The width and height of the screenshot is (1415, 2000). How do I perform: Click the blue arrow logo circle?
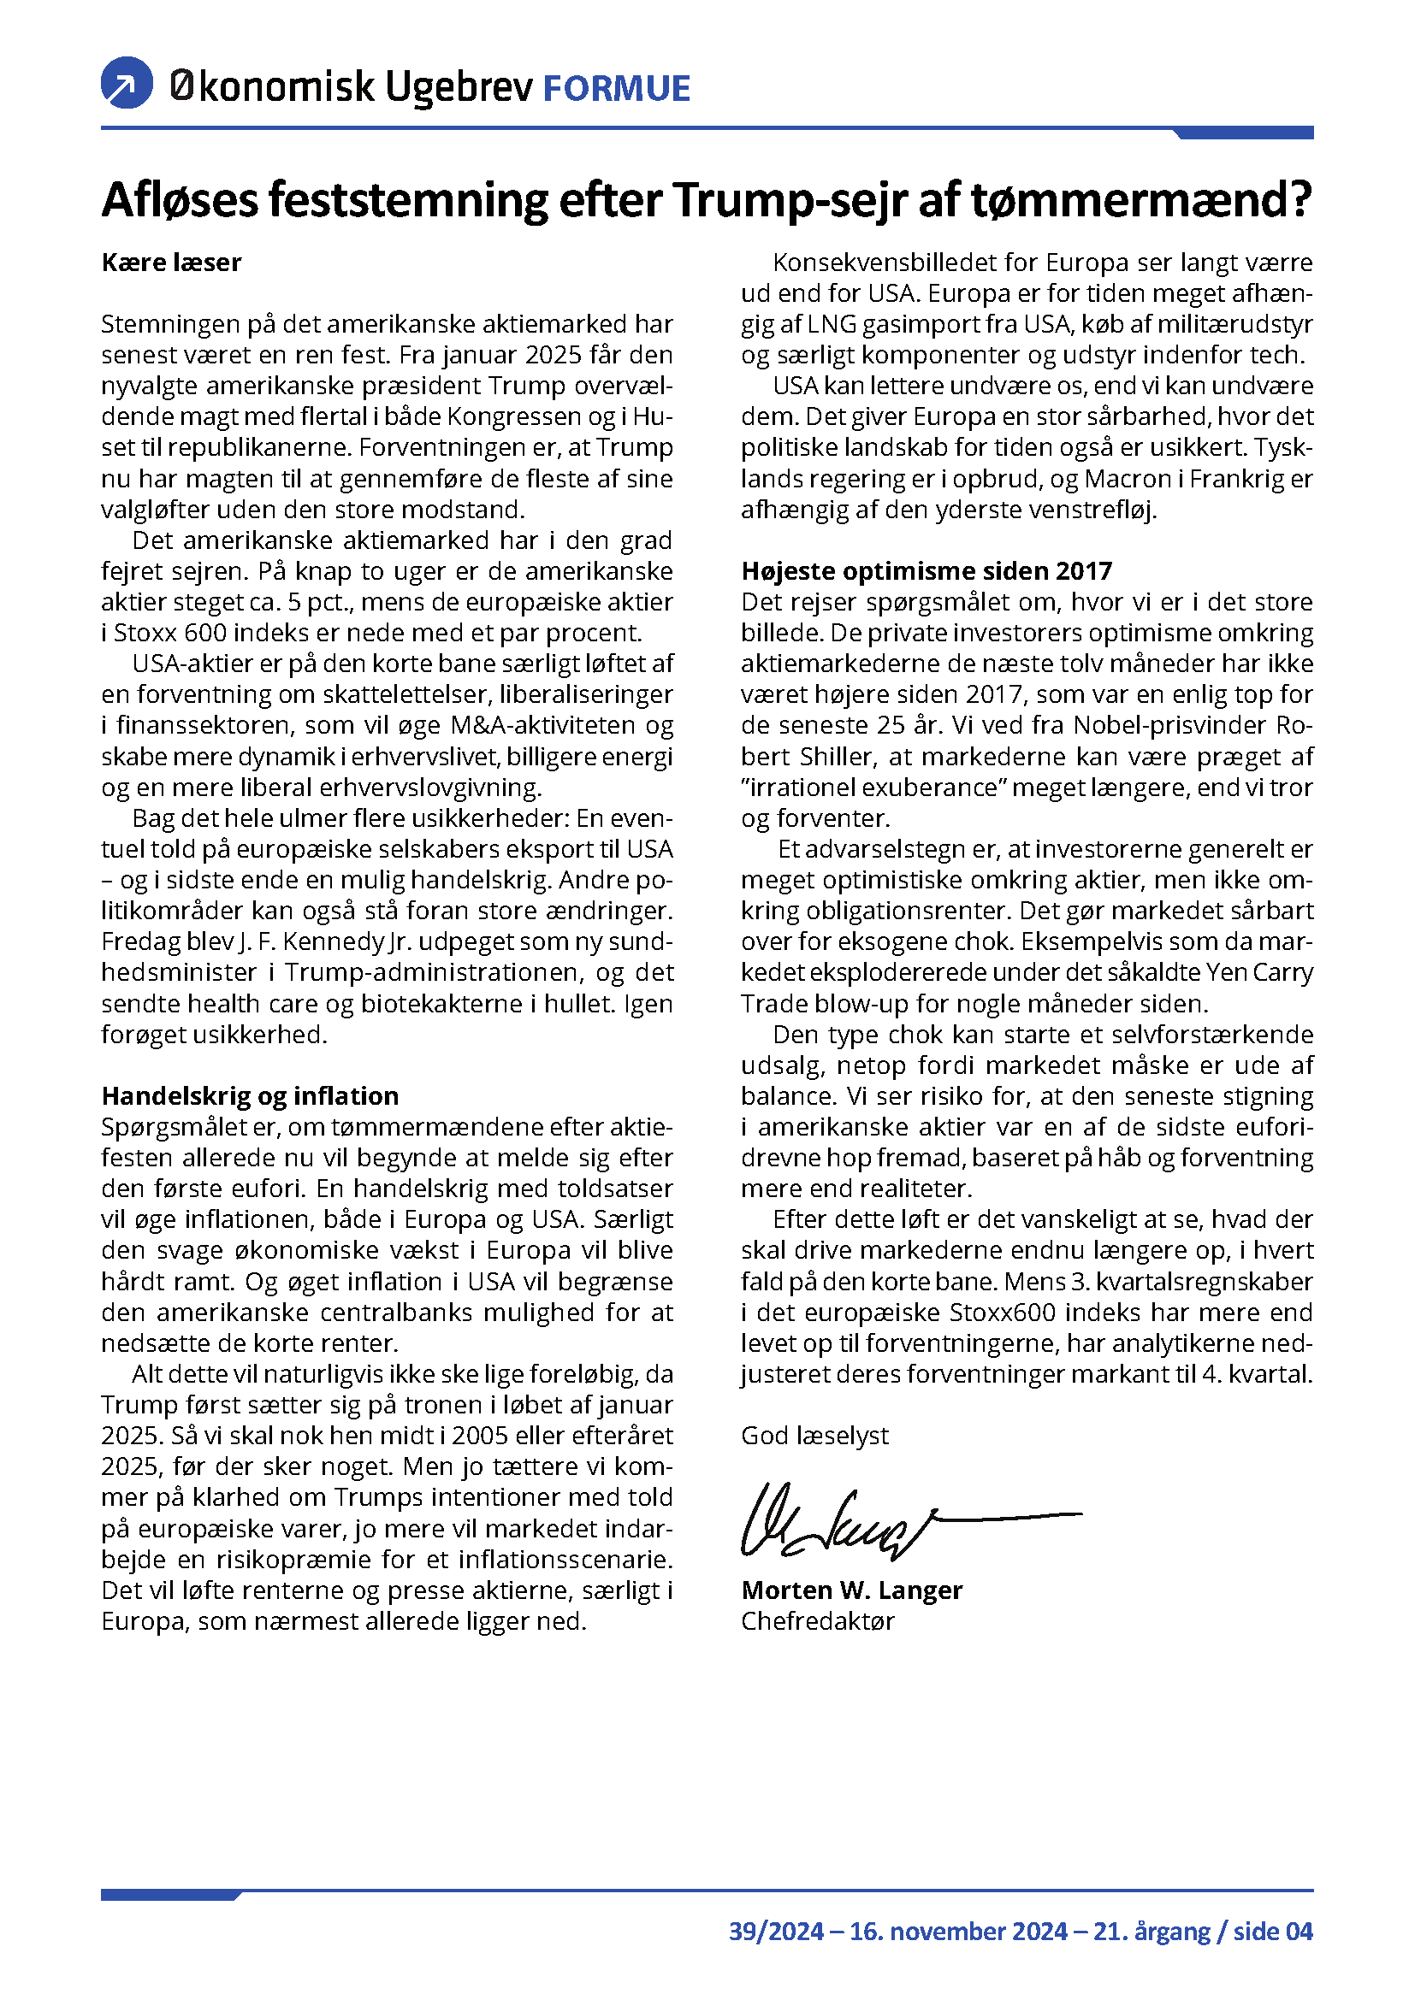click(x=127, y=84)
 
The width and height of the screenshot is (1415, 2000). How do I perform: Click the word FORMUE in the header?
click(x=616, y=89)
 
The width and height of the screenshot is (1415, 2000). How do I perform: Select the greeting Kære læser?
click(x=172, y=263)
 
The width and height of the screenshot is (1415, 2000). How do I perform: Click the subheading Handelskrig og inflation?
click(x=250, y=1096)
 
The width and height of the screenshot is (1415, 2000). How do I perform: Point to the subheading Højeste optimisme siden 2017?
click(x=927, y=570)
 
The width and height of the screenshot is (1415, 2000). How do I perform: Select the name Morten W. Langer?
click(x=851, y=1590)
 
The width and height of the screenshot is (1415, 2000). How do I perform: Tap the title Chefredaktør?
click(x=817, y=1621)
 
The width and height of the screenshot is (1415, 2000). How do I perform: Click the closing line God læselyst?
click(x=814, y=1436)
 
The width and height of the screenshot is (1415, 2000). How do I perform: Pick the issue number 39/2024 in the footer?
click(x=776, y=1932)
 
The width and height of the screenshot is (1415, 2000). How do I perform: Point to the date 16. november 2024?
click(x=958, y=1932)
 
